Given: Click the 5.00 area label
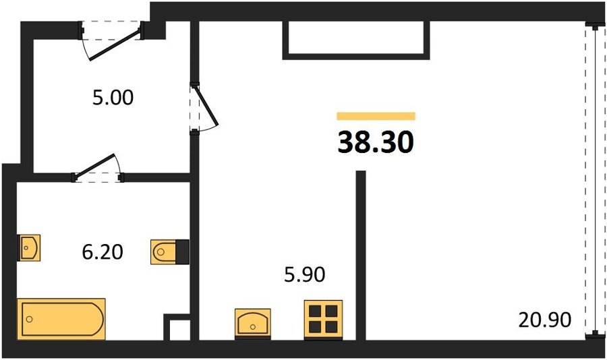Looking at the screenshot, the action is [x=113, y=98].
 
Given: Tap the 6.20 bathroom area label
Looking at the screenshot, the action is [x=103, y=251].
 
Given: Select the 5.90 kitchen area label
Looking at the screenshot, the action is [x=305, y=274].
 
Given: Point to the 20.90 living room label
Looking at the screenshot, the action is [x=545, y=320].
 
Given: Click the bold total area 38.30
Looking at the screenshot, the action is [x=376, y=142].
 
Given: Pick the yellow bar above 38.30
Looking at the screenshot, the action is [x=376, y=116].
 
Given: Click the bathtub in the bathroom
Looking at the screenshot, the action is [x=61, y=319].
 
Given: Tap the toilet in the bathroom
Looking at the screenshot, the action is [x=170, y=252].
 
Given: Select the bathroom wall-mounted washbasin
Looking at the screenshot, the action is [x=28, y=247].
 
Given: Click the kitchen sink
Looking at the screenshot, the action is [x=253, y=324].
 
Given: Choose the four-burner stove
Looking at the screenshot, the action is [x=323, y=320].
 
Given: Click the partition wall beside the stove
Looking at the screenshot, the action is [x=361, y=256].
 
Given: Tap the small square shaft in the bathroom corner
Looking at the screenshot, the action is [x=177, y=327].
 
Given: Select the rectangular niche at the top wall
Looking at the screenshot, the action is [x=356, y=40].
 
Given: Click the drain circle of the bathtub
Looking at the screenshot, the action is [x=30, y=319].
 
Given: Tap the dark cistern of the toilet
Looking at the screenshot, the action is [x=183, y=252].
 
